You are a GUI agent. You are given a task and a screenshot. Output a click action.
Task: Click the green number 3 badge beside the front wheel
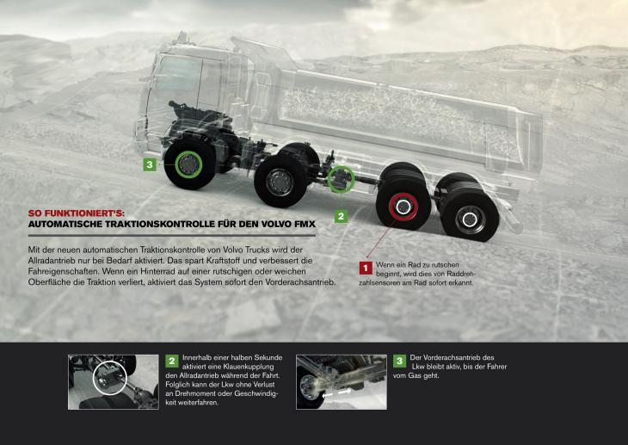pos(150,164)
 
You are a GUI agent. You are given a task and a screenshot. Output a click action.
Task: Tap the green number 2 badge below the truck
pos(341,217)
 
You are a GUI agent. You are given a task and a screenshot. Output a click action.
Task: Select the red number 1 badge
pos(366,268)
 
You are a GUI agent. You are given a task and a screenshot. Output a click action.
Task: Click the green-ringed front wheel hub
pos(188,164)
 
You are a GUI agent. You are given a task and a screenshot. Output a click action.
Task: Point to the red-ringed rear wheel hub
pos(403,207)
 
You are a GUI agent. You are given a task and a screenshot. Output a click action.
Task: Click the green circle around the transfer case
pos(341,179)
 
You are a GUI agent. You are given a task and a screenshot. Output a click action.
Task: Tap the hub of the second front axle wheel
pos(280,182)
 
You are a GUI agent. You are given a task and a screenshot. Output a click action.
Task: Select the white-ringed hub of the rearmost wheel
pos(470,219)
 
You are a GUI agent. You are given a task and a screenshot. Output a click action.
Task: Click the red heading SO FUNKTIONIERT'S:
pos(76,213)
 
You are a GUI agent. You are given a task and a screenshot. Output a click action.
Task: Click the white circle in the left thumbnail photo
pos(110,378)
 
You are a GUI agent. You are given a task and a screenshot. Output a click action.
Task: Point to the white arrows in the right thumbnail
pos(337,392)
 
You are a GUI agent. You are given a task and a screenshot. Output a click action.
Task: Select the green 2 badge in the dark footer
pos(172,361)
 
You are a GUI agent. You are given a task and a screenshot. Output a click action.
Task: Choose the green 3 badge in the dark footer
pos(399,361)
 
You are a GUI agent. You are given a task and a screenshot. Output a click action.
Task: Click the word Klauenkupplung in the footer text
pos(249,367)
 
